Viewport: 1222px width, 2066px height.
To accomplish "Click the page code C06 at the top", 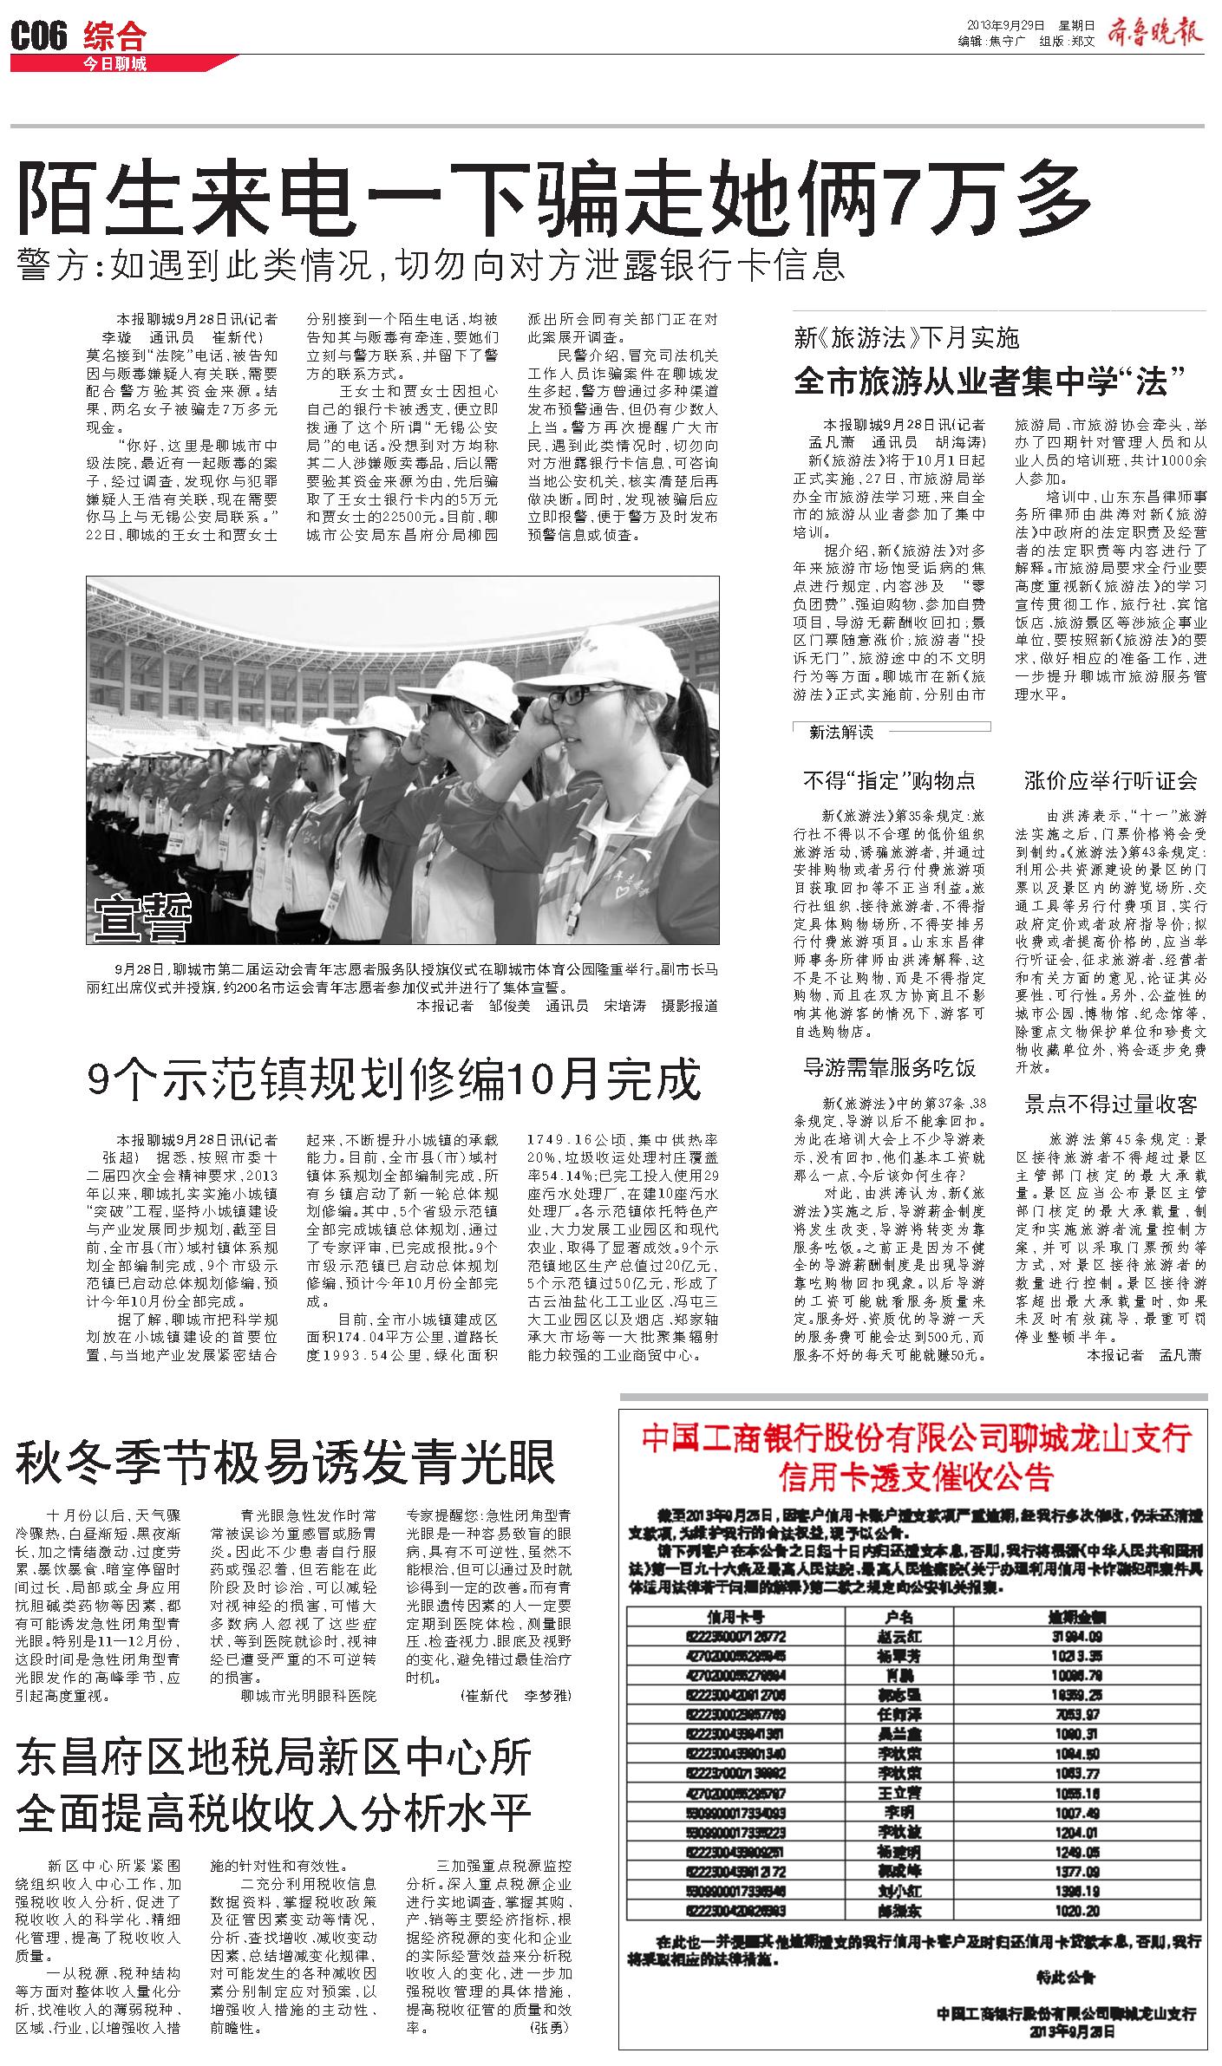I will click(39, 37).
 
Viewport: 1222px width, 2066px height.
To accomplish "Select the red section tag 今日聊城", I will click(114, 64).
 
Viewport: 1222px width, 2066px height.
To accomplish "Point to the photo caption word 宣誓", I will click(143, 918).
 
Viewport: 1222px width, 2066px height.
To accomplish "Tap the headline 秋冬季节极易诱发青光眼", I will click(285, 1463).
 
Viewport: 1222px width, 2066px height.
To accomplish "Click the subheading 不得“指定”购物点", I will click(889, 780).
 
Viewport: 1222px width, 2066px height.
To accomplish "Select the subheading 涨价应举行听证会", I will click(1110, 780).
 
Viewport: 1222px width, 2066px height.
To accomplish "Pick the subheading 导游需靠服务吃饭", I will click(889, 1067).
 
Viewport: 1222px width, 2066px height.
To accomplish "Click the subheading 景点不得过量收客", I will click(1110, 1104).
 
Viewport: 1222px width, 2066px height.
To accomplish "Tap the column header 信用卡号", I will click(735, 1617).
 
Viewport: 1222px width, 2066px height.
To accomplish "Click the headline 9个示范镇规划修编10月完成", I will click(393, 1079).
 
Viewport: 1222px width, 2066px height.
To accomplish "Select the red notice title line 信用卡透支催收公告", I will click(916, 1476).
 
